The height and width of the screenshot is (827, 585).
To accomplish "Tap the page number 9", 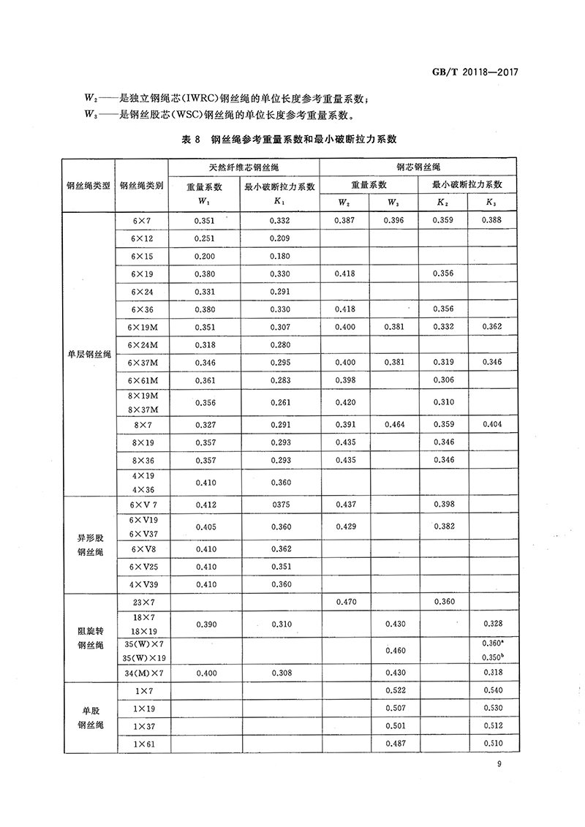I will pyautogui.click(x=498, y=765).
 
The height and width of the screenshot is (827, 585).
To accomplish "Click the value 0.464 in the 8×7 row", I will pyautogui.click(x=393, y=424).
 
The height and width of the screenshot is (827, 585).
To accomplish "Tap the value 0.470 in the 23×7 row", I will pyautogui.click(x=344, y=602).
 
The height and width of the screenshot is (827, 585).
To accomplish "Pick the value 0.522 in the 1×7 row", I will pyautogui.click(x=393, y=690).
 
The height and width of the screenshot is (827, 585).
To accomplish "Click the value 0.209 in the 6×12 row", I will pyautogui.click(x=280, y=238).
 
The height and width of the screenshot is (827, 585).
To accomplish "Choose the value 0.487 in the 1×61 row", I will pyautogui.click(x=393, y=744).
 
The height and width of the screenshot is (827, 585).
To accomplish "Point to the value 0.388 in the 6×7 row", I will pyautogui.click(x=493, y=220).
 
